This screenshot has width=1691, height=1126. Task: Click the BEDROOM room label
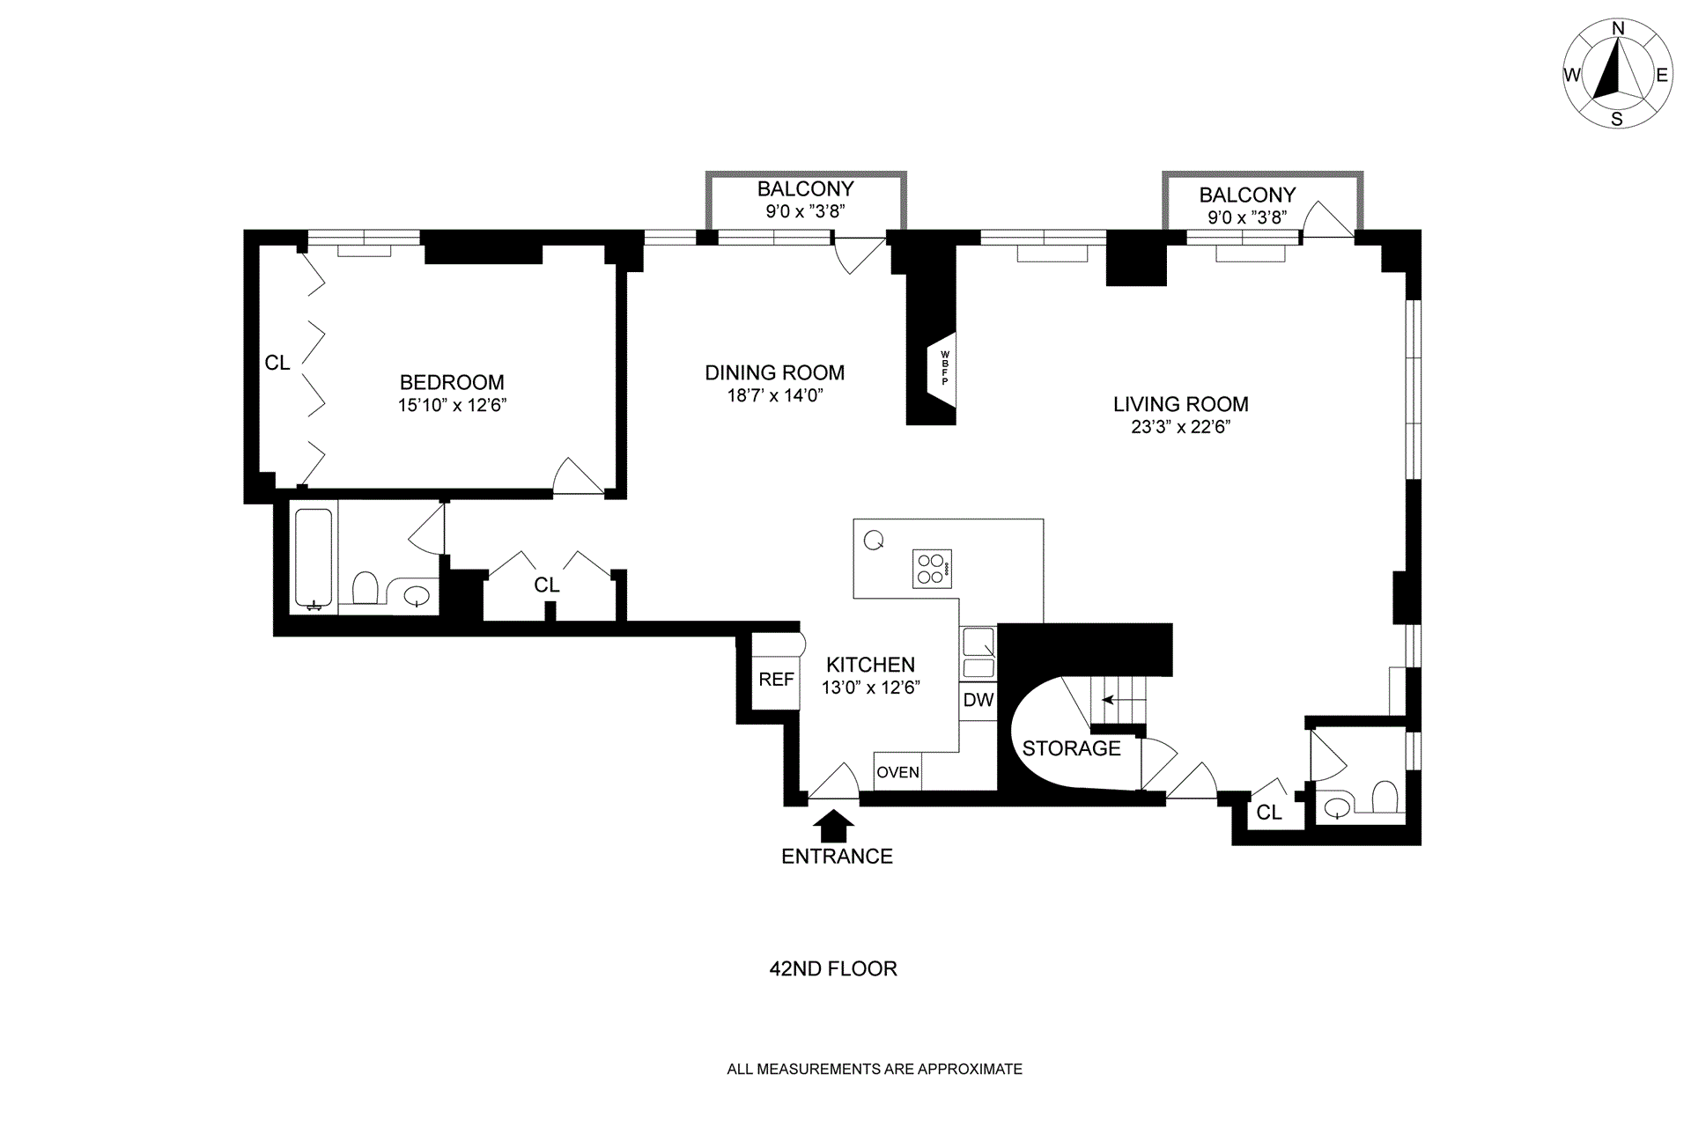[452, 382]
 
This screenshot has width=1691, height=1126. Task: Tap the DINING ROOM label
[775, 372]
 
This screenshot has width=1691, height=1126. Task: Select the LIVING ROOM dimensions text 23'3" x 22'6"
[1181, 427]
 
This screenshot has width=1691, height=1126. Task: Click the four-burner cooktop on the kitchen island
[932, 569]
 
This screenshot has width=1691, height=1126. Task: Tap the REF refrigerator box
[776, 679]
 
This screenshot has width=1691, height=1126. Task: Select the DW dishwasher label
[978, 700]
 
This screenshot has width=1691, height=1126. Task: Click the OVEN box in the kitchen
[897, 772]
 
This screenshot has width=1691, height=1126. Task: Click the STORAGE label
[1071, 748]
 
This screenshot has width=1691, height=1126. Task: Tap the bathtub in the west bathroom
[314, 557]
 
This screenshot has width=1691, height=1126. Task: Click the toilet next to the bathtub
[365, 587]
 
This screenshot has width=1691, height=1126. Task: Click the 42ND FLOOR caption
[833, 968]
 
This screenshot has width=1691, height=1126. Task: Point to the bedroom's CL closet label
[277, 363]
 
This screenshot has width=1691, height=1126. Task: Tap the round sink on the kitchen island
[874, 541]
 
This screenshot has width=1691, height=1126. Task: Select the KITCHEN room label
[870, 665]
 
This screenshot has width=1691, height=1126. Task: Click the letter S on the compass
[1617, 120]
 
